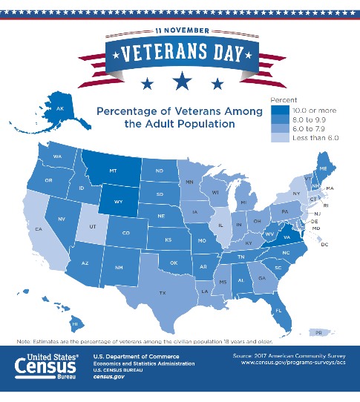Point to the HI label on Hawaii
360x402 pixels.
pos(75,323)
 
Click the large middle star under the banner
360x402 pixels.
pos(180,79)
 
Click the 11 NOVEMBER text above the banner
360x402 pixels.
pos(180,30)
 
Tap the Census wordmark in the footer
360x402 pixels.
pos(45,367)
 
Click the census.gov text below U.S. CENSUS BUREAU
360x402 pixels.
pos(108,376)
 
